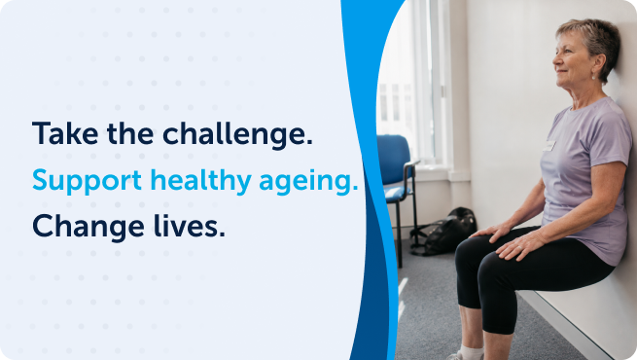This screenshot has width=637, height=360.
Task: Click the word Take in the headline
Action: coord(65,133)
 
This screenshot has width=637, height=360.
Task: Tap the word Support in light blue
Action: coord(87,181)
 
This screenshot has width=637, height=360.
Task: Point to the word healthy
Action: coord(201,180)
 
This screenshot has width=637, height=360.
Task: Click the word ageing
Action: coord(308,181)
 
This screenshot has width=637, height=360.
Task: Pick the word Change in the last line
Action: coord(88,228)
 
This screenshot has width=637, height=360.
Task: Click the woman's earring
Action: coord(593,76)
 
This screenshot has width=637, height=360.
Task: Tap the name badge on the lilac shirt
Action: coord(549,146)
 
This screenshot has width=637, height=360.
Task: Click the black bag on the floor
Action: coord(444,232)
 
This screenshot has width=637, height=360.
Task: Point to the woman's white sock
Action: coord(471,352)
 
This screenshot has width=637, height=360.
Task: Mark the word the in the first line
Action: coord(130,133)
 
